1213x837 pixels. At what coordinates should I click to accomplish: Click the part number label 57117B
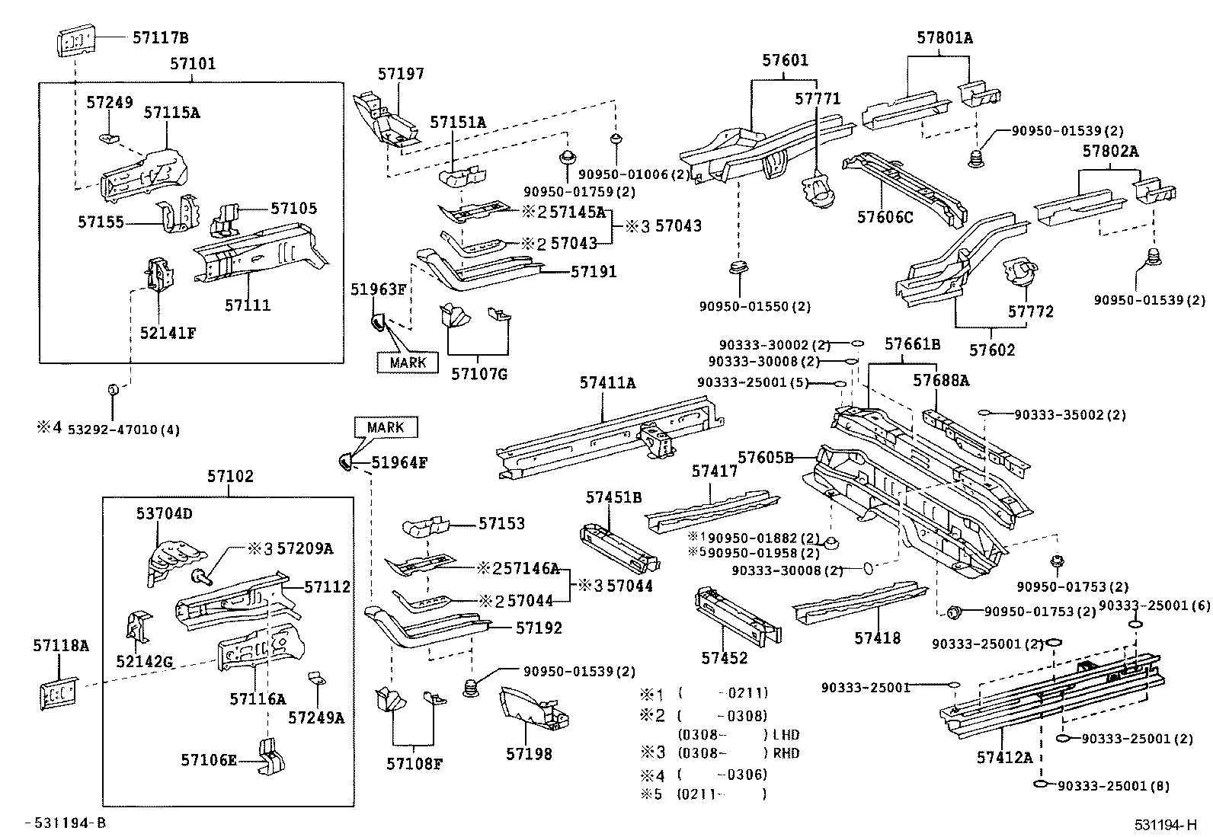[x=160, y=37]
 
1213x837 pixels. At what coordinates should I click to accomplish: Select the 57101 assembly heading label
[x=192, y=64]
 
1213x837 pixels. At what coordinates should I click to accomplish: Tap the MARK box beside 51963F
[x=408, y=363]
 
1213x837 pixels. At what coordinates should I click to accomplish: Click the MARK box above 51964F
[x=386, y=427]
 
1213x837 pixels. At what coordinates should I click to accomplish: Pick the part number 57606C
[x=885, y=217]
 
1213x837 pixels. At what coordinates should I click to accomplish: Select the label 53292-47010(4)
[x=123, y=430]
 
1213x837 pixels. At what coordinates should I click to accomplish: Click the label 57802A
[x=1110, y=152]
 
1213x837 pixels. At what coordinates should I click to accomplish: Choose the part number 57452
[x=724, y=658]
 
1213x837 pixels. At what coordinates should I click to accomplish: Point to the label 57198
[x=529, y=754]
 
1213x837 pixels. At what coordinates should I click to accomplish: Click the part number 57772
[x=1030, y=311]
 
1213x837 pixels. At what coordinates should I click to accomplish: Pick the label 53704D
[x=165, y=514]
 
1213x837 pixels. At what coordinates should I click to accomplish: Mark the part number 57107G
[x=478, y=374]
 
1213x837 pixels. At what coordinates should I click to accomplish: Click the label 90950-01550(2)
[x=754, y=307]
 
